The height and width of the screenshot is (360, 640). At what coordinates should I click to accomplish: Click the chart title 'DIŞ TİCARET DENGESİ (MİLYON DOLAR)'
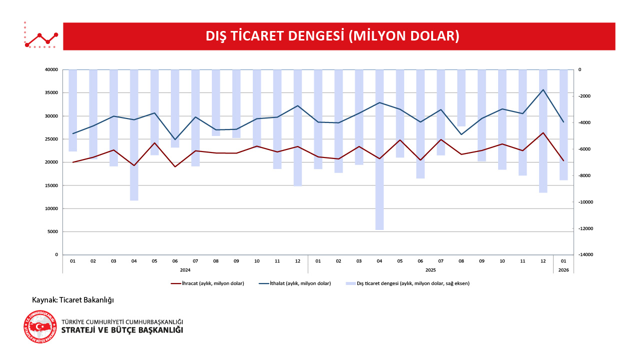332,36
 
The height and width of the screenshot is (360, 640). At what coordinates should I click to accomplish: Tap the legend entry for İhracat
207,283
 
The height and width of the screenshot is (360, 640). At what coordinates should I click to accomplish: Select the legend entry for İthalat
295,283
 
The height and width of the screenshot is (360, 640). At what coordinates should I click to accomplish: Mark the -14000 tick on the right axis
586,255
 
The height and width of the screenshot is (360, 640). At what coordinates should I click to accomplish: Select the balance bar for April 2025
380,150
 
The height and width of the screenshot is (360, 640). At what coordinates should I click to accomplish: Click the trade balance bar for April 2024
134,135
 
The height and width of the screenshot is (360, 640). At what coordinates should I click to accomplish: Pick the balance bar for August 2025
461,97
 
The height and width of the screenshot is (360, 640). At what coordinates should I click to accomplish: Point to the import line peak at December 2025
543,90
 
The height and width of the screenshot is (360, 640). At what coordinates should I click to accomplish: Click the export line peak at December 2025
543,133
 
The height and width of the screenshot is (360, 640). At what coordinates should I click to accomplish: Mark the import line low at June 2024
175,139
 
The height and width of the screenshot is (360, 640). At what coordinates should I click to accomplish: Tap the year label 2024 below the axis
185,269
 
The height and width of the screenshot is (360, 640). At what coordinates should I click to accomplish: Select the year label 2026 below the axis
564,269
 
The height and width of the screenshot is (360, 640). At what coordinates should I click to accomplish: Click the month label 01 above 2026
564,260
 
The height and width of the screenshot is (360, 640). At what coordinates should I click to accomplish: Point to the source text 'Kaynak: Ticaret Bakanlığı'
73,300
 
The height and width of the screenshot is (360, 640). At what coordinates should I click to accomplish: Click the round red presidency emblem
40,326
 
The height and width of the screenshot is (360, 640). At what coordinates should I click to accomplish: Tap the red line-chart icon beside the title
41,36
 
